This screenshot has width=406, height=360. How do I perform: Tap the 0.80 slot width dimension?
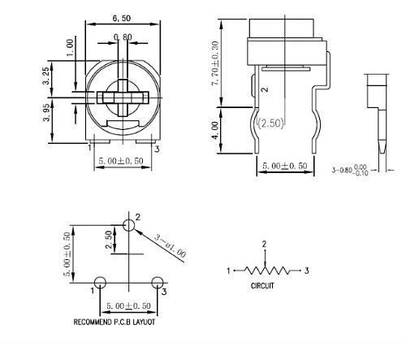pos(123,37)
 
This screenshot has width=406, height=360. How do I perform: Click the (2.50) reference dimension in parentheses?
pos(270,123)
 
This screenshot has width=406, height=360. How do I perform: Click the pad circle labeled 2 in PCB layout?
pos(127,225)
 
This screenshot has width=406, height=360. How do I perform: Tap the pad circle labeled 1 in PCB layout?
pos(100,282)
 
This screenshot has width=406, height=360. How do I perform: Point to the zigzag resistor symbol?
pos(264,271)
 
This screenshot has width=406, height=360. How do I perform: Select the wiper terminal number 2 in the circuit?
pos(264,244)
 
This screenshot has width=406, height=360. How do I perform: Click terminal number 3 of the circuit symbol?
pos(305,271)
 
